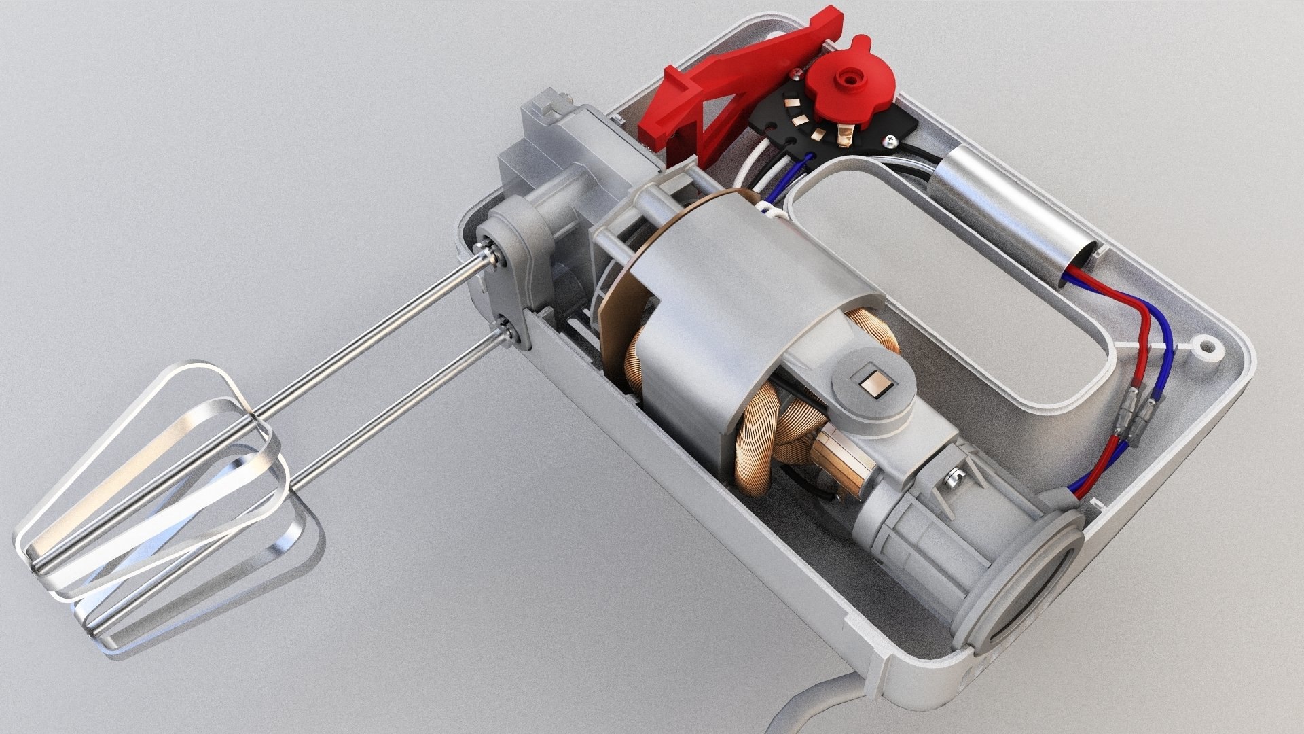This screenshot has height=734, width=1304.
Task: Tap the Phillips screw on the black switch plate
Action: coord(889,142)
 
